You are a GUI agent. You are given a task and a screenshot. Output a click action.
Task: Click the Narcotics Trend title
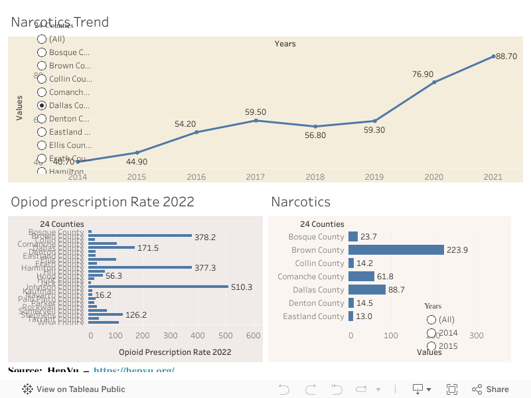pos(60,22)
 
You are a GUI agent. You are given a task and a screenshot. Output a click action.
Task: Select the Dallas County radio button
pos(42,105)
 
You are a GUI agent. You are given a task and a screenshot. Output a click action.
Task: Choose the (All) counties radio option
pos(42,39)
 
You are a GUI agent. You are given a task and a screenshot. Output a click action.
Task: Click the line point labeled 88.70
pos(494,56)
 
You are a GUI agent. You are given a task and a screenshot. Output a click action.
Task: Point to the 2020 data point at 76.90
pos(434,82)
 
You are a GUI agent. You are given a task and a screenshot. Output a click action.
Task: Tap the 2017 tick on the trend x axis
pos(256,177)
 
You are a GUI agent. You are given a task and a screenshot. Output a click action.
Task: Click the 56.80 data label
pos(315,135)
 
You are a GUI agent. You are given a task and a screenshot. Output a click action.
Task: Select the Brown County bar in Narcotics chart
pos(396,250)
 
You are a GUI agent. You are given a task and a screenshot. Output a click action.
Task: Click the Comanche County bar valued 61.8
pos(361,277)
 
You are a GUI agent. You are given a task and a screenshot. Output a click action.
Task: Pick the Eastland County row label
pos(313,316)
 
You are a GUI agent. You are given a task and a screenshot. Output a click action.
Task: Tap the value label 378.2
pos(205,237)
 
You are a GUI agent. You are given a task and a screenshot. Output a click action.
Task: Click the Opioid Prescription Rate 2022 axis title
pos(175,352)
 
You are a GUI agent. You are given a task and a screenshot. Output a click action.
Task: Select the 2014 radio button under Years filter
pos(431,333)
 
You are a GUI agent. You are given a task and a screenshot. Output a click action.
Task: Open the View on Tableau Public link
pos(74,389)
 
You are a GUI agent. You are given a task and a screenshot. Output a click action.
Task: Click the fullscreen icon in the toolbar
pos(452,389)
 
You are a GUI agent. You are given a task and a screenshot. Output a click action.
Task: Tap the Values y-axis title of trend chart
pos(19,108)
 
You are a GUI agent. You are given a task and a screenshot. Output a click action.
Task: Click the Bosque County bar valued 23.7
pos(353,237)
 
